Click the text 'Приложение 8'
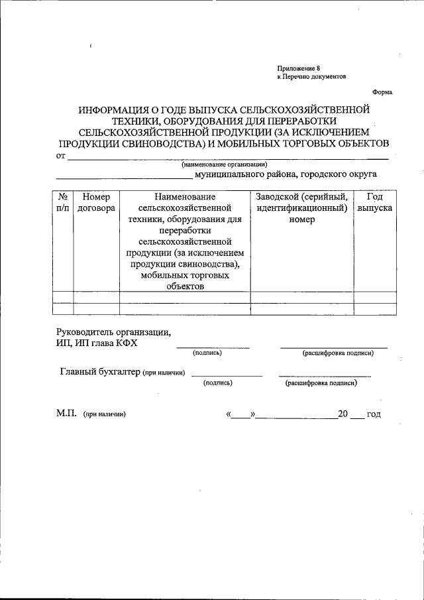click(x=298, y=68)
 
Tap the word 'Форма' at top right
click(x=382, y=92)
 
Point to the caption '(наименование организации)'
click(x=224, y=164)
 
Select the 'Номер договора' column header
click(x=96, y=202)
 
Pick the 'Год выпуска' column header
click(x=374, y=202)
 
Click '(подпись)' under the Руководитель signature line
click(x=207, y=353)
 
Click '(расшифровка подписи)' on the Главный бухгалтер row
click(x=321, y=383)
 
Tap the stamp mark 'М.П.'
click(x=66, y=414)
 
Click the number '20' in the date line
click(x=343, y=414)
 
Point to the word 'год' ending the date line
click(x=374, y=414)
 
